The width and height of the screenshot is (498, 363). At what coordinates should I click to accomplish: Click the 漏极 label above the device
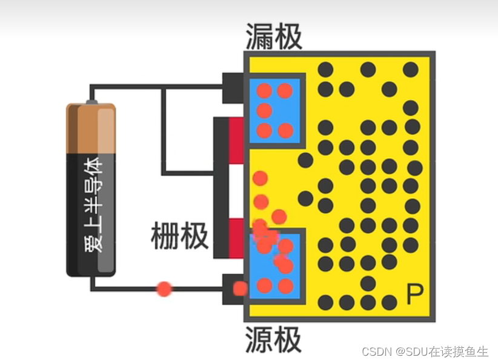(x=274, y=37)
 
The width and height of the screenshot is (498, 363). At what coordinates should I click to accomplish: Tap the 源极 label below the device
(x=274, y=340)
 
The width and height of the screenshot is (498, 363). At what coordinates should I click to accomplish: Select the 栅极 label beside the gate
(x=179, y=236)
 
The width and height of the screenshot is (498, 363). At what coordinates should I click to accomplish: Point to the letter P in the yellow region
(x=414, y=295)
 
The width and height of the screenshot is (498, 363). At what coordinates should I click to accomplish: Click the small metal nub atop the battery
(x=91, y=101)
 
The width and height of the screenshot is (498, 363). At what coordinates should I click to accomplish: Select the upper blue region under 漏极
(x=275, y=111)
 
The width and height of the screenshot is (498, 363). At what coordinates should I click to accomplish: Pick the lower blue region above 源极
(x=275, y=267)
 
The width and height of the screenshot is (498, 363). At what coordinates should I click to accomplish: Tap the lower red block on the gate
(x=236, y=238)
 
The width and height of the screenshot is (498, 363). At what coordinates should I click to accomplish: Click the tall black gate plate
(x=221, y=188)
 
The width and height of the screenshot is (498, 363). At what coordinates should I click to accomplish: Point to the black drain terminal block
(x=233, y=87)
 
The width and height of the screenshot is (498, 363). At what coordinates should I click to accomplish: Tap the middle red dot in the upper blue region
(x=264, y=110)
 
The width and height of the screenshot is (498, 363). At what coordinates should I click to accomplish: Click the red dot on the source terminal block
(x=240, y=288)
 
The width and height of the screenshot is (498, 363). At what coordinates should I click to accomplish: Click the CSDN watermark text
(x=425, y=351)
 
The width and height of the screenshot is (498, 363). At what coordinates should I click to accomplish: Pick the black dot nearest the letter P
(x=390, y=302)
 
